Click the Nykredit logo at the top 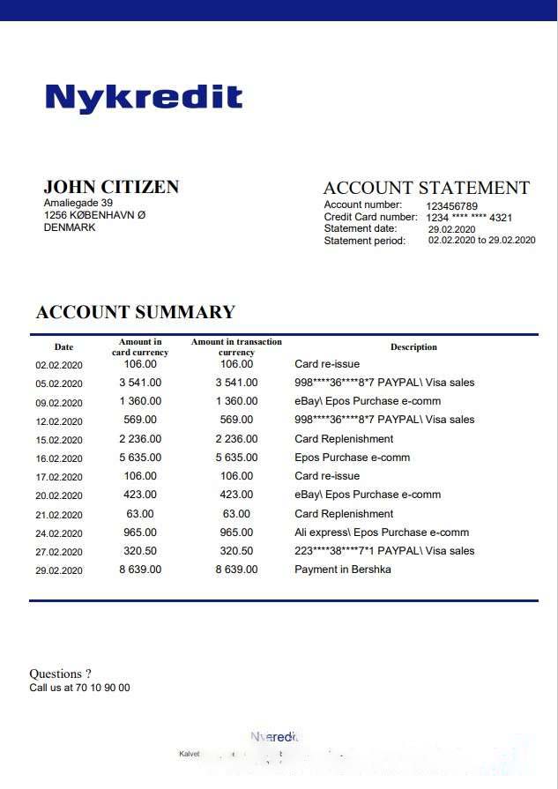(144, 97)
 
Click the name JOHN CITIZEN (111, 187)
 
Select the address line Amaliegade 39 (78, 203)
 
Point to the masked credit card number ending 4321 (469, 218)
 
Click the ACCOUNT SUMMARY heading (135, 312)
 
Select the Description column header (413, 347)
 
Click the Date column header (63, 347)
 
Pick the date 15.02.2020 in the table (58, 440)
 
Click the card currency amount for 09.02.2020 (140, 401)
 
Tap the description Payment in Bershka (343, 569)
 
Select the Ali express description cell (382, 532)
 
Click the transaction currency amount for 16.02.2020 (236, 458)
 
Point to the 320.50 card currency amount (140, 551)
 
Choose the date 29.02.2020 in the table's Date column (58, 570)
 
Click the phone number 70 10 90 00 (102, 688)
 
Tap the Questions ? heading (60, 674)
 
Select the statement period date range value (481, 241)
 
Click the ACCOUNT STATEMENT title (426, 188)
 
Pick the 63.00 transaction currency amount (236, 514)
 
